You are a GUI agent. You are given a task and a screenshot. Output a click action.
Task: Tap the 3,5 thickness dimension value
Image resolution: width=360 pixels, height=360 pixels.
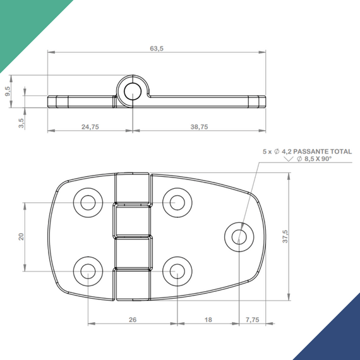coord(21,122)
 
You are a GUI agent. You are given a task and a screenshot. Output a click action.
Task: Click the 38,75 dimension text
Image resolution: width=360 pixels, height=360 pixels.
coord(199,127)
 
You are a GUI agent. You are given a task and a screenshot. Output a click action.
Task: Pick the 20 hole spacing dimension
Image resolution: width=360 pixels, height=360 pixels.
coord(21,237)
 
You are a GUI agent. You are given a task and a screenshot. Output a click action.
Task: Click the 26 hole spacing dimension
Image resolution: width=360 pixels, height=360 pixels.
coord(133,320)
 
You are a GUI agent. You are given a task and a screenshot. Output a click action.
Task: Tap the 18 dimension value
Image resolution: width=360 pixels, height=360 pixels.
coord(208,320)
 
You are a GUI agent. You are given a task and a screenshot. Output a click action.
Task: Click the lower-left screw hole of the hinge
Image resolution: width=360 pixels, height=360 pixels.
coord(87,271)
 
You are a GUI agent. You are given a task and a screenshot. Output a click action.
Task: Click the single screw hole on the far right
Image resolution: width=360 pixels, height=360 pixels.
coord(239,236)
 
